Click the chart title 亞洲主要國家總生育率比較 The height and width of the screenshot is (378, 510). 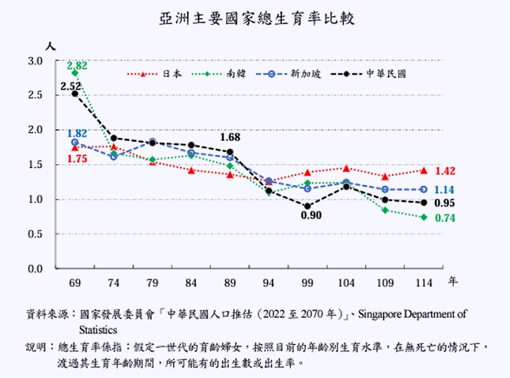tap(256, 18)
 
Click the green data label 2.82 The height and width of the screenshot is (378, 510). tap(77, 65)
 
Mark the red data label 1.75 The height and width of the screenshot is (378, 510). tap(77, 158)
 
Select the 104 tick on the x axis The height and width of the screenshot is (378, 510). tap(346, 282)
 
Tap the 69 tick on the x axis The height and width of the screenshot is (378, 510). tap(74, 282)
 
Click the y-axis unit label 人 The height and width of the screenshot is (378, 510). tap(49, 46)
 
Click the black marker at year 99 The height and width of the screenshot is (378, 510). tap(308, 206)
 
